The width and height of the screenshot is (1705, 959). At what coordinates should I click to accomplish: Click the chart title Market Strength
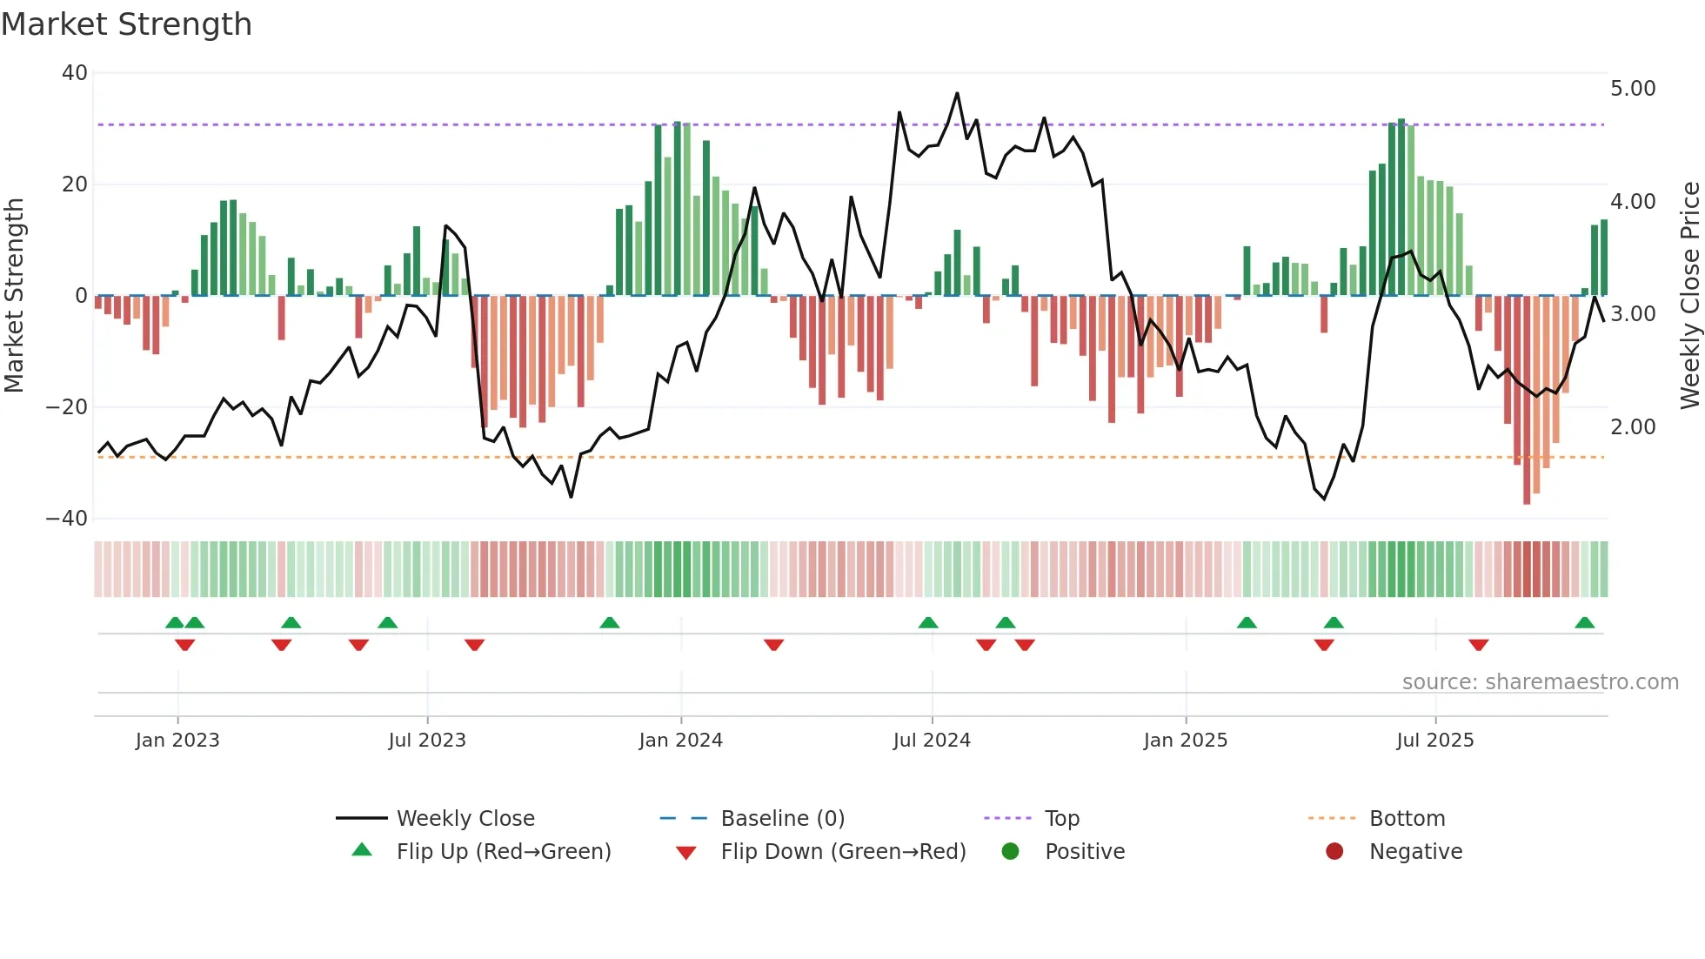coord(126,24)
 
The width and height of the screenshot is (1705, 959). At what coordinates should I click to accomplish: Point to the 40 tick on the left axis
coord(75,73)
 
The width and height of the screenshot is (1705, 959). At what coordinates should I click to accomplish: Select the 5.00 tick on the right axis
coord(1633,89)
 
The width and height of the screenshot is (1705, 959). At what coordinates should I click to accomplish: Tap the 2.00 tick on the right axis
coord(1633,427)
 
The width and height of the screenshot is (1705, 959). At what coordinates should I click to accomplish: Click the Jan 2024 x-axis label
coord(680,741)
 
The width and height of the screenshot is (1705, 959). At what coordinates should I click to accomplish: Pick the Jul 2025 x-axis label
coord(1434,741)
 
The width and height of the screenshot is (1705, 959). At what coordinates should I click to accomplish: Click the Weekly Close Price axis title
coord(1689,296)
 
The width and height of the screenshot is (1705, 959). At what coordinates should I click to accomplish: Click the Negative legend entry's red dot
coord(1334,852)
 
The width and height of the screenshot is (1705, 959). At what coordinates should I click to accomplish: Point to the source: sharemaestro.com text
coord(1540,682)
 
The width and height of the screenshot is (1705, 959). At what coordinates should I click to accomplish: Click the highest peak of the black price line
coord(957,94)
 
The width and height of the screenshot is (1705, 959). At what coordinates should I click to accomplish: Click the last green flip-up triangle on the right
coord(1584,623)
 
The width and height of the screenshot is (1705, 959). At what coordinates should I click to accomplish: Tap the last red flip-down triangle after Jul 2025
coord(1478,645)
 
